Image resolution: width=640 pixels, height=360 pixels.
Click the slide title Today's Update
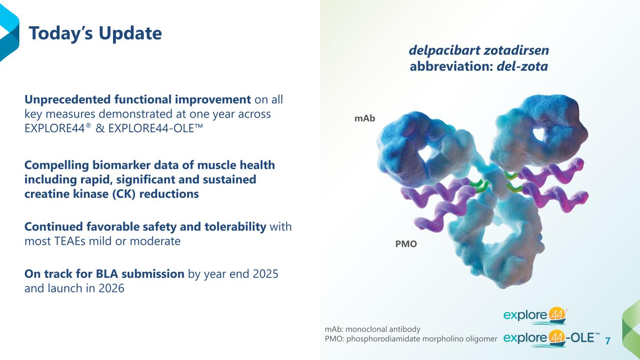pyautogui.click(x=95, y=33)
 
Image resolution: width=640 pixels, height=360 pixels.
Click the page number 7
pyautogui.click(x=608, y=340)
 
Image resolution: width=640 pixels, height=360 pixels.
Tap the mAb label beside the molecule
pyautogui.click(x=365, y=119)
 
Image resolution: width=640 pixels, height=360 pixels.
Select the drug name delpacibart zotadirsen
pyautogui.click(x=479, y=50)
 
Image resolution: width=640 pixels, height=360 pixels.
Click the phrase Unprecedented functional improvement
pyautogui.click(x=137, y=100)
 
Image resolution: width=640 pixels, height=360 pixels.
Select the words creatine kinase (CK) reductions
pyautogui.click(x=112, y=194)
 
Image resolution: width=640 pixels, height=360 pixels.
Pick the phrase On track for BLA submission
pyautogui.click(x=104, y=274)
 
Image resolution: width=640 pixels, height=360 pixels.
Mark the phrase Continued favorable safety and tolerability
pyautogui.click(x=145, y=227)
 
